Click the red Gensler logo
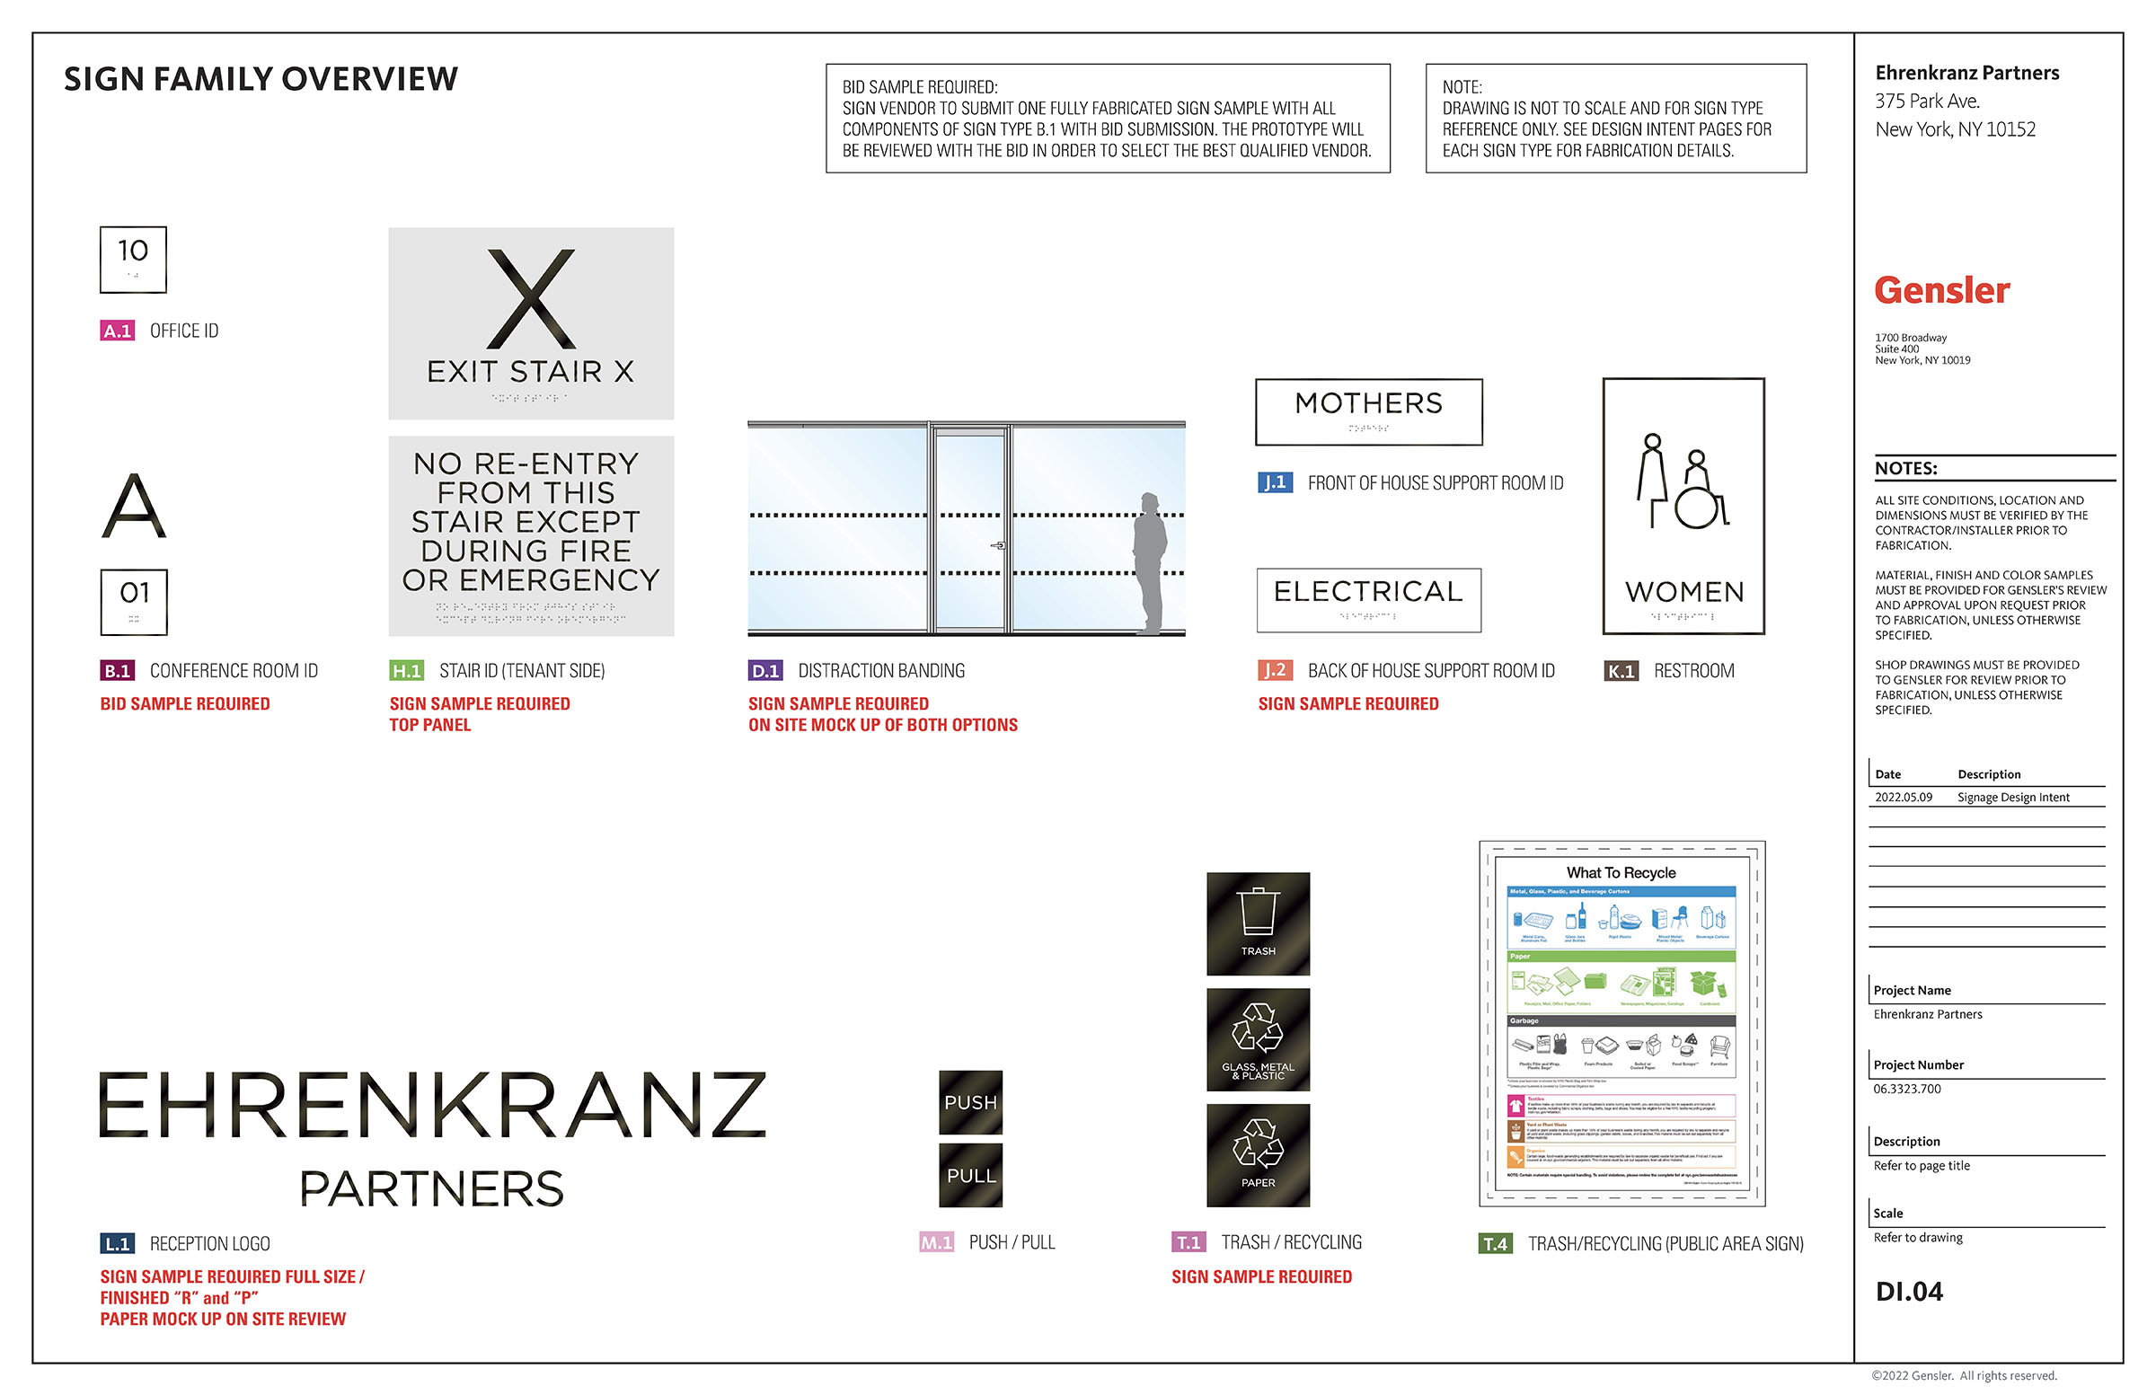(1941, 291)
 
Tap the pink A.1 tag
(117, 331)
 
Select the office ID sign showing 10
(133, 259)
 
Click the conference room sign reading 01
(134, 602)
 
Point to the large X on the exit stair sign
(531, 299)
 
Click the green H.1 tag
(406, 670)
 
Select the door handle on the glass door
(997, 545)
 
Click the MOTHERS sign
(1368, 412)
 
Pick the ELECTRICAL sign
(1368, 599)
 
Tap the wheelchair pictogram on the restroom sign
(1700, 494)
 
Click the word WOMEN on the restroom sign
(1684, 593)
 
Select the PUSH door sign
(970, 1102)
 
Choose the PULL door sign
(970, 1175)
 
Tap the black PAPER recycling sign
(1258, 1155)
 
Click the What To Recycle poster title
(1621, 872)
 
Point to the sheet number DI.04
(1909, 1291)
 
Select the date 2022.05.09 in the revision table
(1903, 797)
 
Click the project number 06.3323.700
(1907, 1089)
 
